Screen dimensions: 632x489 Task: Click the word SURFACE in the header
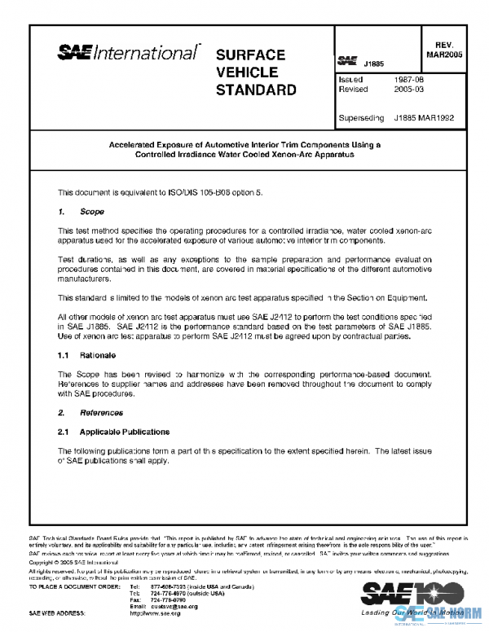(x=250, y=55)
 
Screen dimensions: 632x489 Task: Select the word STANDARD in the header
(x=256, y=90)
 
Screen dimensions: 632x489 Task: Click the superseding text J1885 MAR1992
(x=424, y=117)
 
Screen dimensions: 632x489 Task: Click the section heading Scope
(x=92, y=212)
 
